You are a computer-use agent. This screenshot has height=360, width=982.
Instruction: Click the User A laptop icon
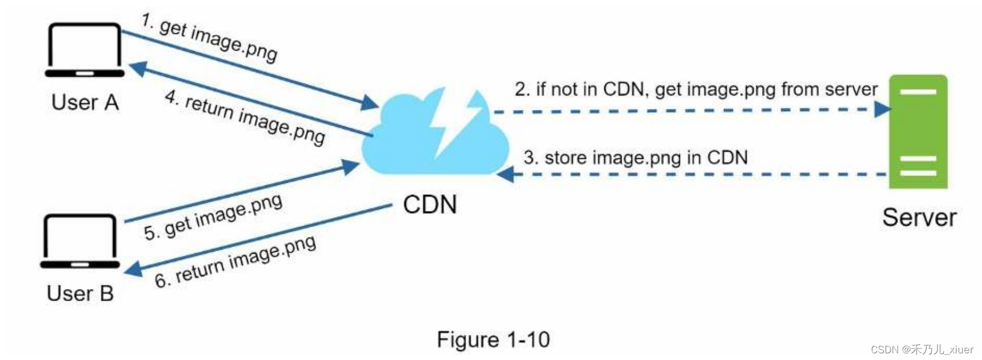[84, 50]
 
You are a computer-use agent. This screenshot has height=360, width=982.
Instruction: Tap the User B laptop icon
[79, 241]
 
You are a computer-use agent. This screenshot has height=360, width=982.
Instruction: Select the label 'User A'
[85, 102]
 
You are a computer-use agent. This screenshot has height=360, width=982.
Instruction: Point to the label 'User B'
[80, 293]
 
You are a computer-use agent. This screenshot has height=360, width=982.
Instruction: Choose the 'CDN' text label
[430, 204]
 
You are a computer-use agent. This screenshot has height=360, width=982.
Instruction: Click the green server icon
[918, 132]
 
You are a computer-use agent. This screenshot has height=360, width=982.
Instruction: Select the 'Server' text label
[919, 217]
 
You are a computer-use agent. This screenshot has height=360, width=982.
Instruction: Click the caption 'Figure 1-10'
[493, 339]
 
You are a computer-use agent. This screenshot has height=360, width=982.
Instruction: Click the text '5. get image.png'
[213, 217]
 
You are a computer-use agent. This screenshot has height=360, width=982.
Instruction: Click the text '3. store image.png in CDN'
[635, 158]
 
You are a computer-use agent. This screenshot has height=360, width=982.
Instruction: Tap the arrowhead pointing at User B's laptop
[133, 269]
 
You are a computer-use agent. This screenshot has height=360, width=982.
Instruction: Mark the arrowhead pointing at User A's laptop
[138, 69]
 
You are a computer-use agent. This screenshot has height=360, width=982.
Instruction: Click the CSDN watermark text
[921, 349]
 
